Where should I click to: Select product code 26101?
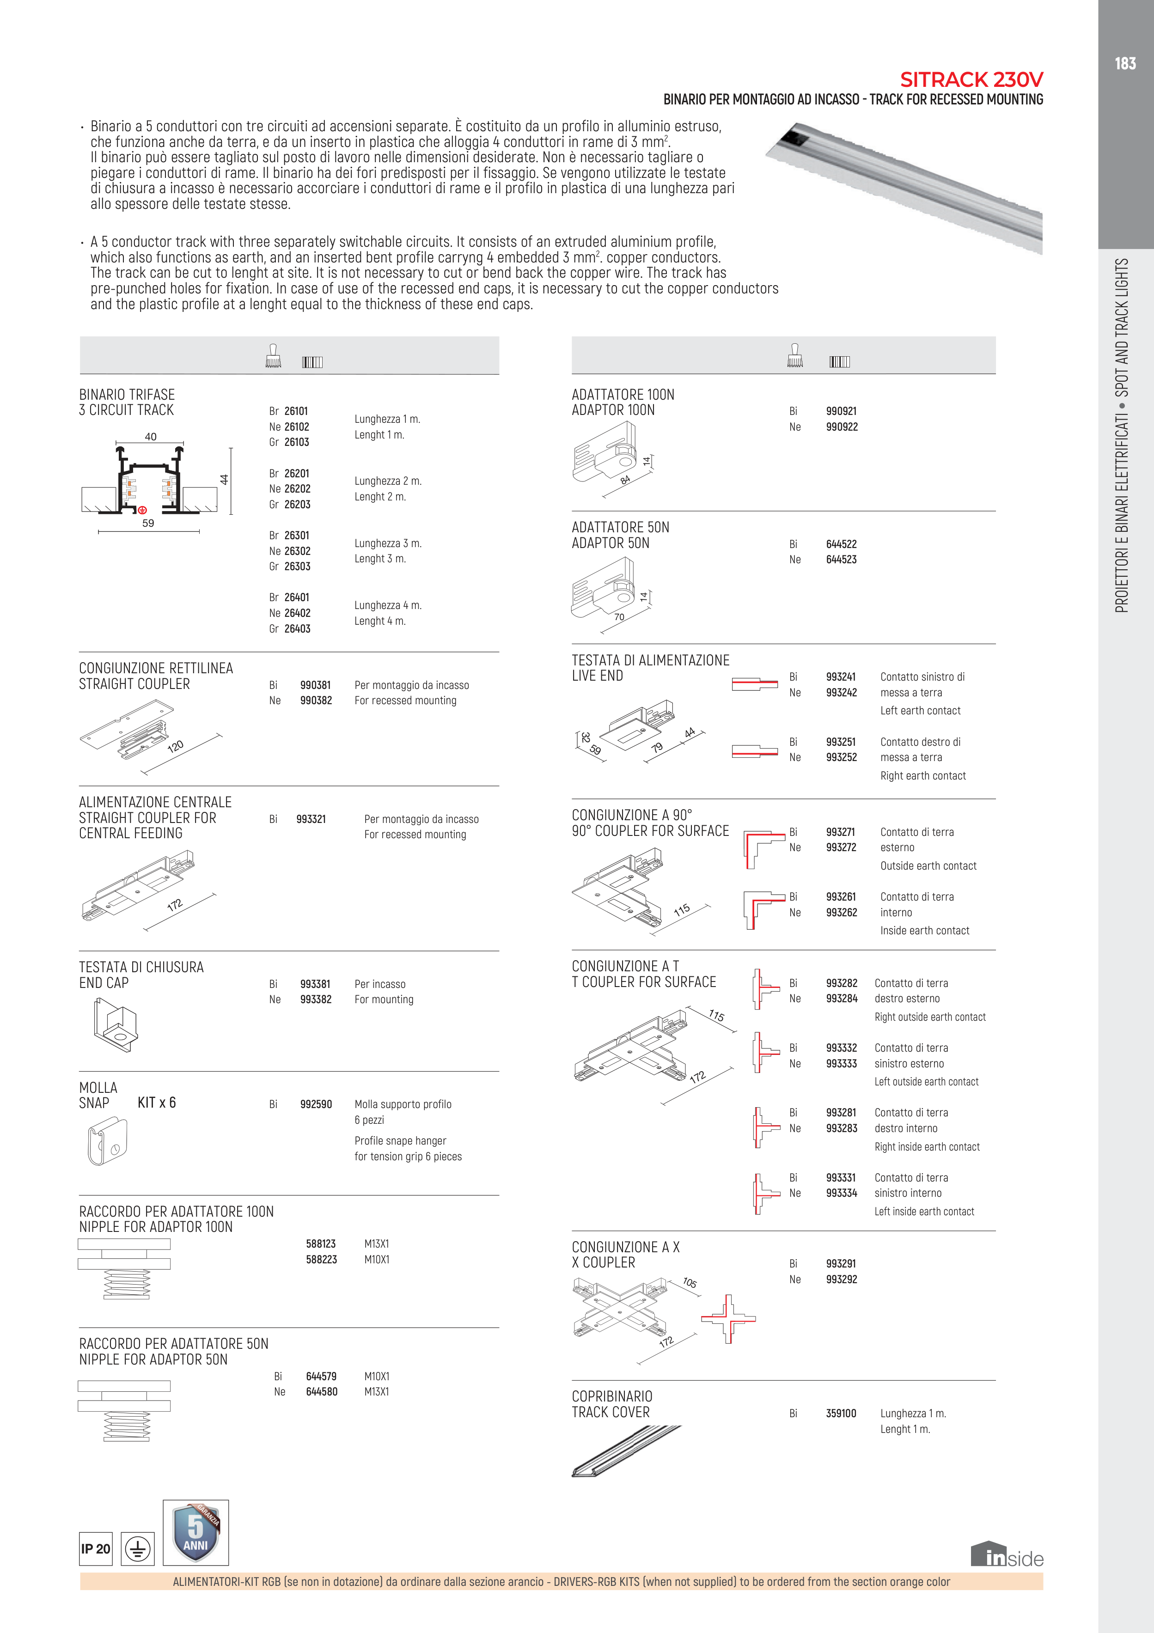(x=296, y=411)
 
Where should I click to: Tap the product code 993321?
(x=311, y=819)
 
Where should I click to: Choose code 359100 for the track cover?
(x=841, y=1413)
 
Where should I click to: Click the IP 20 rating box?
(x=95, y=1548)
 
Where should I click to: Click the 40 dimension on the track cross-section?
(x=151, y=437)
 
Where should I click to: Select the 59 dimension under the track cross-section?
(x=148, y=523)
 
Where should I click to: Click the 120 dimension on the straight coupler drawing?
(x=175, y=746)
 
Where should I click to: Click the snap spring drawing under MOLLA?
(x=107, y=1140)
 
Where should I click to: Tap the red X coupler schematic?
(x=728, y=1319)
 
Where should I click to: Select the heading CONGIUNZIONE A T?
(x=625, y=966)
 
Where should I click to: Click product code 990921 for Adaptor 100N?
(x=841, y=411)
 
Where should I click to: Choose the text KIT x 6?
(x=157, y=1103)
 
